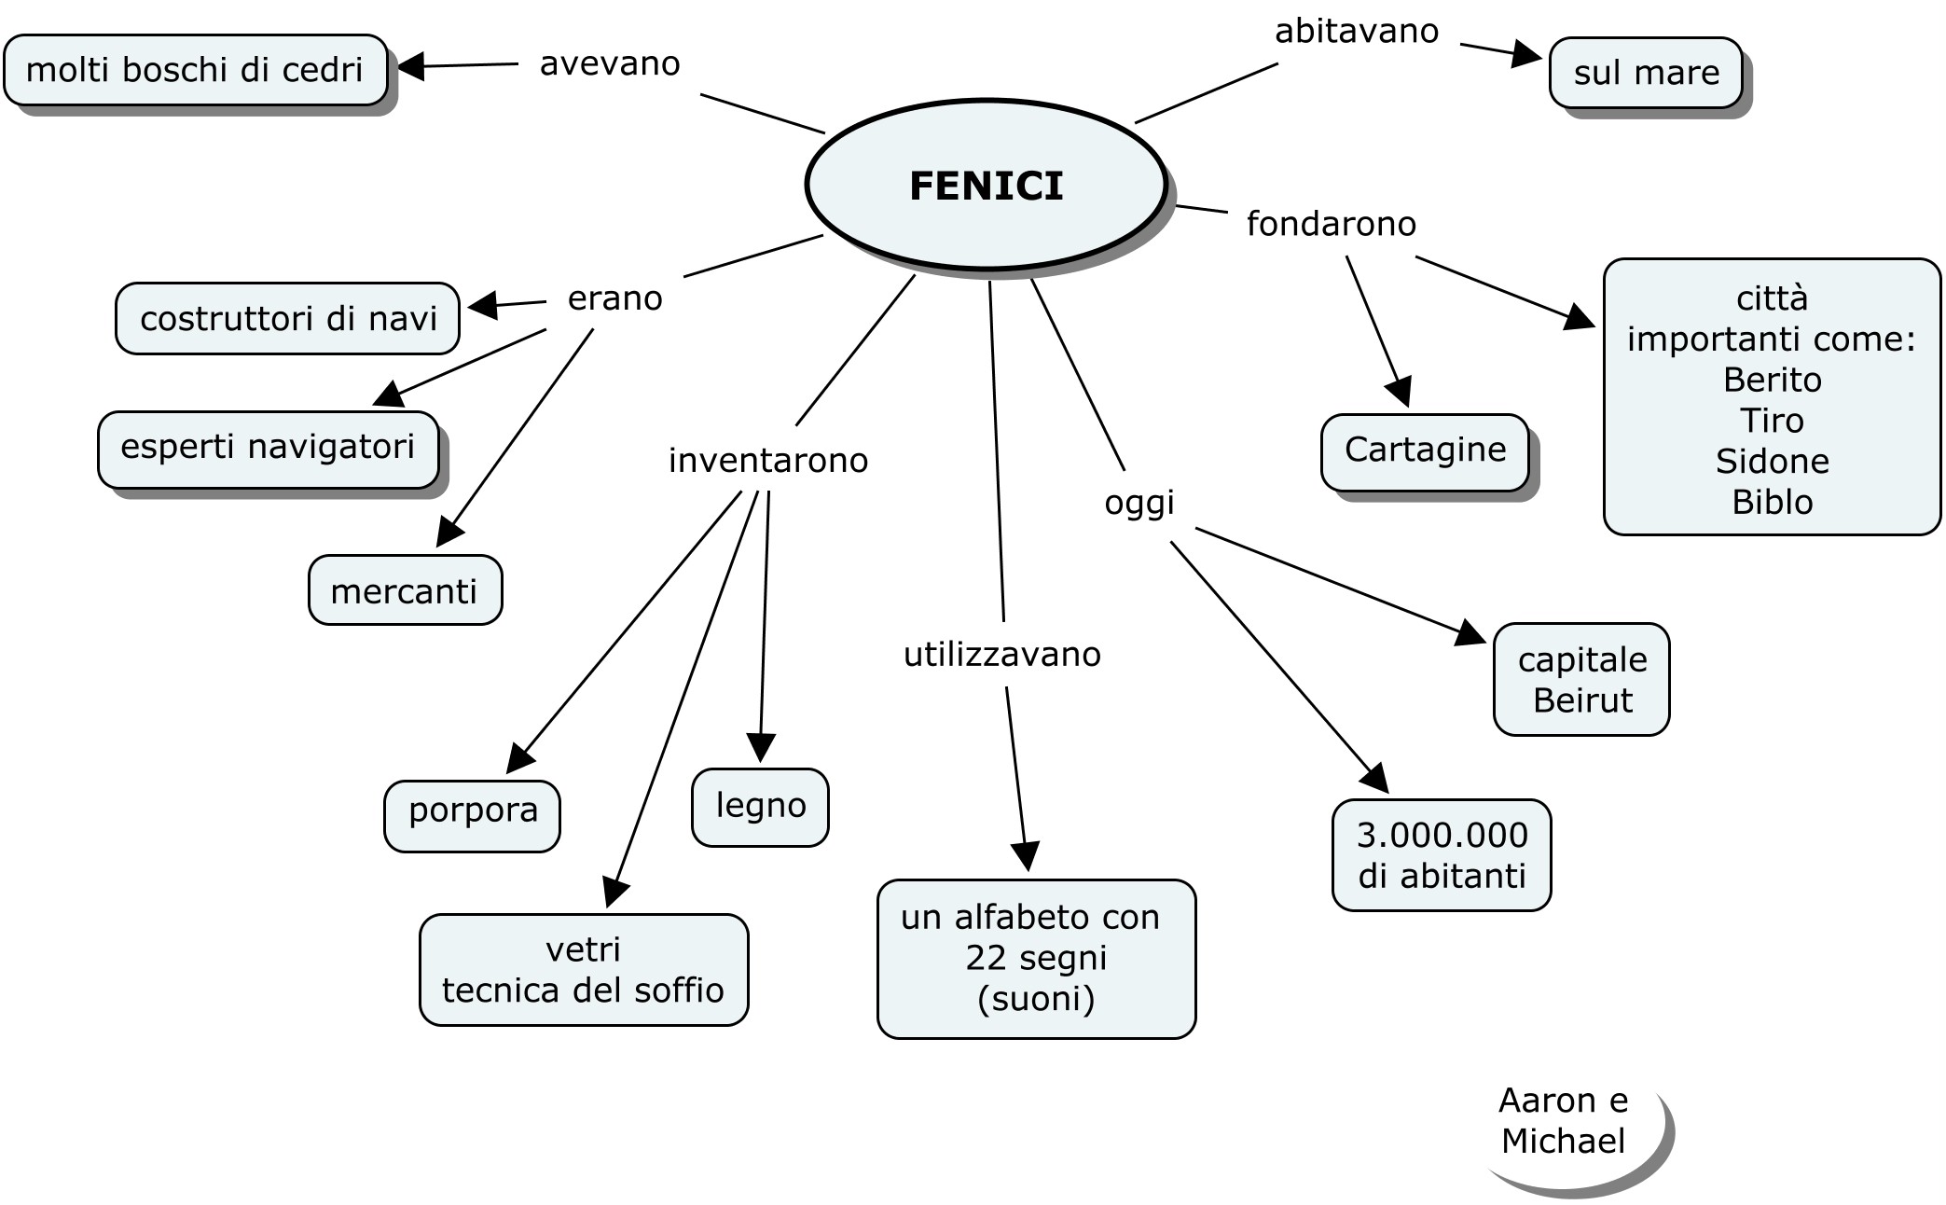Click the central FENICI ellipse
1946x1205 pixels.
click(986, 186)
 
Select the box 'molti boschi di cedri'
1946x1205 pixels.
click(195, 70)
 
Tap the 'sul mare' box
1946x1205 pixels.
click(1646, 73)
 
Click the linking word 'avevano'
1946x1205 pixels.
click(610, 63)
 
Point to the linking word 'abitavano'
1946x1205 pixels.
click(1357, 32)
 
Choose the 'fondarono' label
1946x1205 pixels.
click(1331, 224)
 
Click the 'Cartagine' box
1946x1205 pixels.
click(1425, 451)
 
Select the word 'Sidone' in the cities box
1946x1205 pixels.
click(1772, 462)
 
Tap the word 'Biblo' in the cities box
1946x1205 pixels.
click(1772, 503)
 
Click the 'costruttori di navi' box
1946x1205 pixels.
click(288, 319)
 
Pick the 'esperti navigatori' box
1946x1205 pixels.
click(268, 449)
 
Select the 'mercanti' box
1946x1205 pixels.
click(405, 591)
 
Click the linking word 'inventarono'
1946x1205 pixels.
click(768, 461)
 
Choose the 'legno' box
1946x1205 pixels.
click(760, 807)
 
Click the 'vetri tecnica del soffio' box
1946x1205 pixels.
click(584, 970)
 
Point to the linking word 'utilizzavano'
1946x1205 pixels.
click(1002, 655)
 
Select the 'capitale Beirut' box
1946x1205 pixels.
click(1581, 680)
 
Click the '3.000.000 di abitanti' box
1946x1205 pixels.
click(1442, 855)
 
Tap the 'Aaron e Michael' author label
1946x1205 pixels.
click(1564, 1121)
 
